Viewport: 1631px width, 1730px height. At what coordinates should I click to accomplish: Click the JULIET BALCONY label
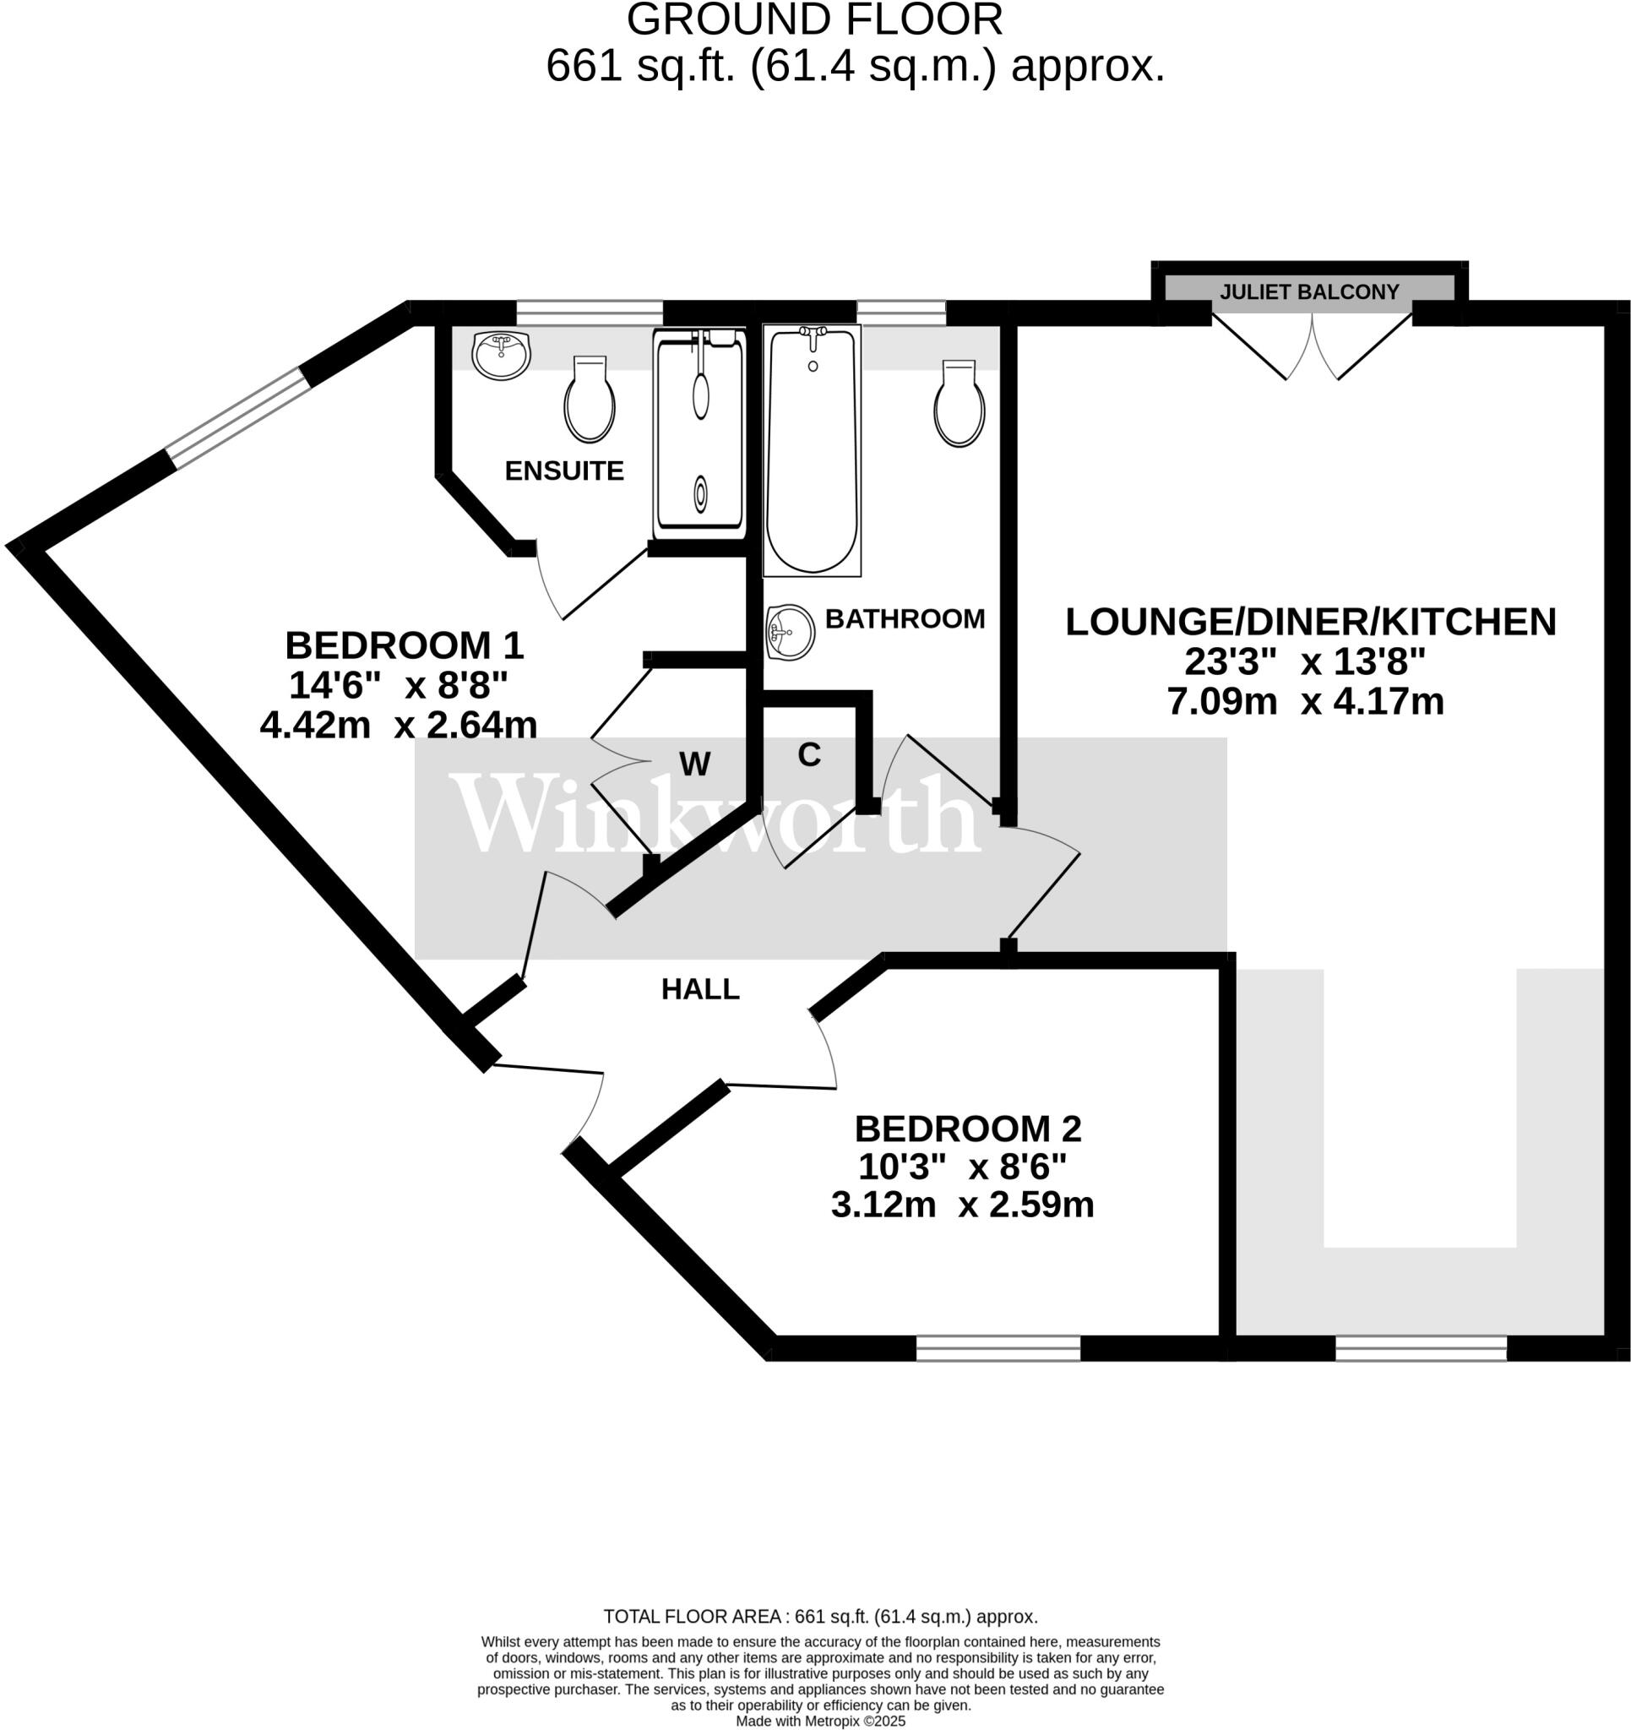(x=1309, y=292)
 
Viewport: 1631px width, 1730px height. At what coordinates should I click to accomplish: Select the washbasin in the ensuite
(x=502, y=355)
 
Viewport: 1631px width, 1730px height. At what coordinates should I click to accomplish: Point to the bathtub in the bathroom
(x=811, y=450)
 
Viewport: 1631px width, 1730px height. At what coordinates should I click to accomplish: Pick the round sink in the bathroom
(x=790, y=632)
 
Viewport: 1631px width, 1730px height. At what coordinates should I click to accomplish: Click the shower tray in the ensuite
(x=699, y=435)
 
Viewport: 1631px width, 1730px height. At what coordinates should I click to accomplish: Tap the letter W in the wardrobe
(x=694, y=764)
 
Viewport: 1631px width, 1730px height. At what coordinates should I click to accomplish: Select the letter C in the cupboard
(x=808, y=755)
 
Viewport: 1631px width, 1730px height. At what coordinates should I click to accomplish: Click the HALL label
(x=699, y=989)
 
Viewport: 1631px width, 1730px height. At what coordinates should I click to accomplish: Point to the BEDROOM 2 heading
(x=967, y=1129)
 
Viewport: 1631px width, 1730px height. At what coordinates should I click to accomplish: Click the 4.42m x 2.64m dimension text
(x=399, y=725)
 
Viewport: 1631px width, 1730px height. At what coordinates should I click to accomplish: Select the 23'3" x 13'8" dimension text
(x=1305, y=662)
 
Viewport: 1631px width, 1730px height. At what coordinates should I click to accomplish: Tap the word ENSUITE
(x=564, y=471)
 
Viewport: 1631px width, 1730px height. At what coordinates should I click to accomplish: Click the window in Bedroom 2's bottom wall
(x=998, y=1348)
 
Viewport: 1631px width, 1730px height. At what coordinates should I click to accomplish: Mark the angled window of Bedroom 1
(x=237, y=417)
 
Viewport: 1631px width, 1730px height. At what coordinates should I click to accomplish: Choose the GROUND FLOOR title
(x=813, y=19)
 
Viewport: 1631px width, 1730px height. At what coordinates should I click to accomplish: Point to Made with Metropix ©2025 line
(x=820, y=1722)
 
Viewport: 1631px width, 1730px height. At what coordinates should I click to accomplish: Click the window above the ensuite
(x=590, y=312)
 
